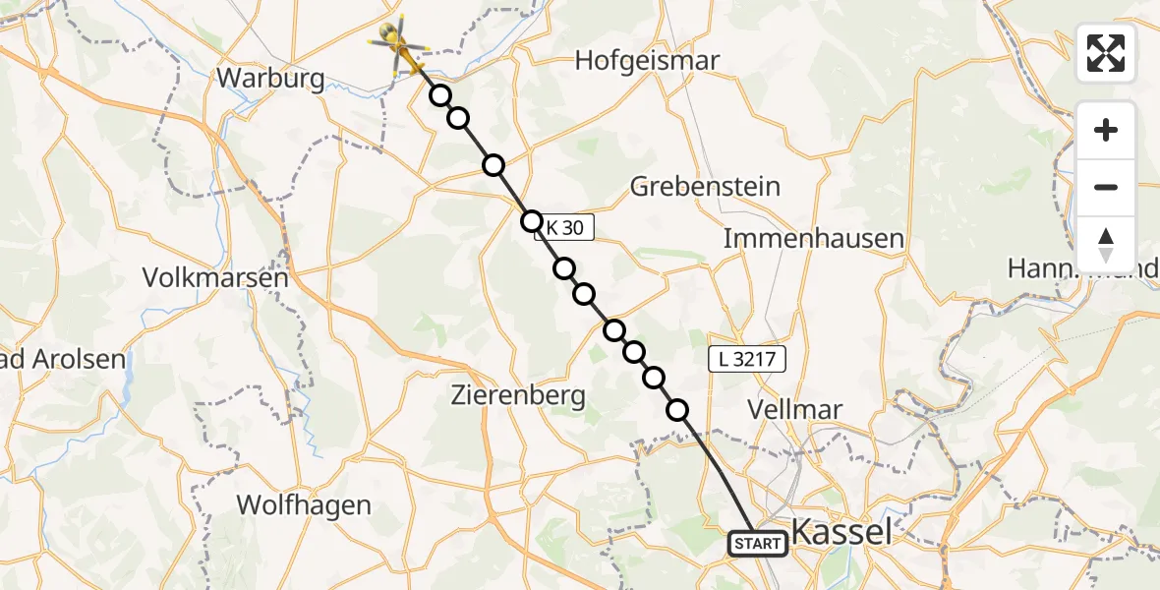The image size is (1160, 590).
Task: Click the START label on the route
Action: [758, 543]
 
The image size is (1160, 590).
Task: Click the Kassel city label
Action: [841, 533]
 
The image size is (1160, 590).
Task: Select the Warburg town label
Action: [271, 79]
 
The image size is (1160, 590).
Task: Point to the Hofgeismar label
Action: [647, 61]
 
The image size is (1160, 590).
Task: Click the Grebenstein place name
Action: [705, 186]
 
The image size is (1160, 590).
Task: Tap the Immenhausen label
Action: [799, 238]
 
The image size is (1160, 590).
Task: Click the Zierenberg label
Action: [518, 396]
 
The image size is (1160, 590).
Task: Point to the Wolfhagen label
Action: [304, 505]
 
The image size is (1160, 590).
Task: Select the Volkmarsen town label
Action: [215, 278]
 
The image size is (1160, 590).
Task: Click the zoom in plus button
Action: [1106, 130]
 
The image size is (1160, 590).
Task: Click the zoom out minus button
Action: [1106, 187]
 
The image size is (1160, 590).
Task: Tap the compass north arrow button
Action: [1106, 245]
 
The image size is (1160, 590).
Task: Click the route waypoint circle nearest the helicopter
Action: [440, 95]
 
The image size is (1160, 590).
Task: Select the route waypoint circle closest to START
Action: [677, 410]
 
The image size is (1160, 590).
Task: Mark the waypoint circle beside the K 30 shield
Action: [532, 220]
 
